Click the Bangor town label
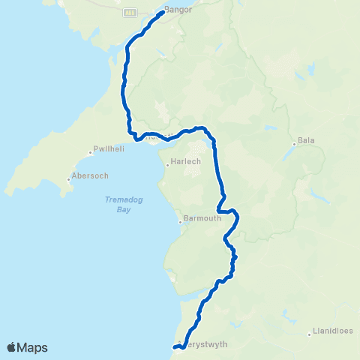[181, 10]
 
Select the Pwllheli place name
[108, 149]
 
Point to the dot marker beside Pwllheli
[90, 152]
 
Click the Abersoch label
[89, 176]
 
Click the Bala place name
[305, 140]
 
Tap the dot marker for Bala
[293, 143]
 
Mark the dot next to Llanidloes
[309, 334]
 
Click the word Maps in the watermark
[33, 347]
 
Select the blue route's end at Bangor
[163, 12]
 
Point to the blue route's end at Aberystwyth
[174, 346]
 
